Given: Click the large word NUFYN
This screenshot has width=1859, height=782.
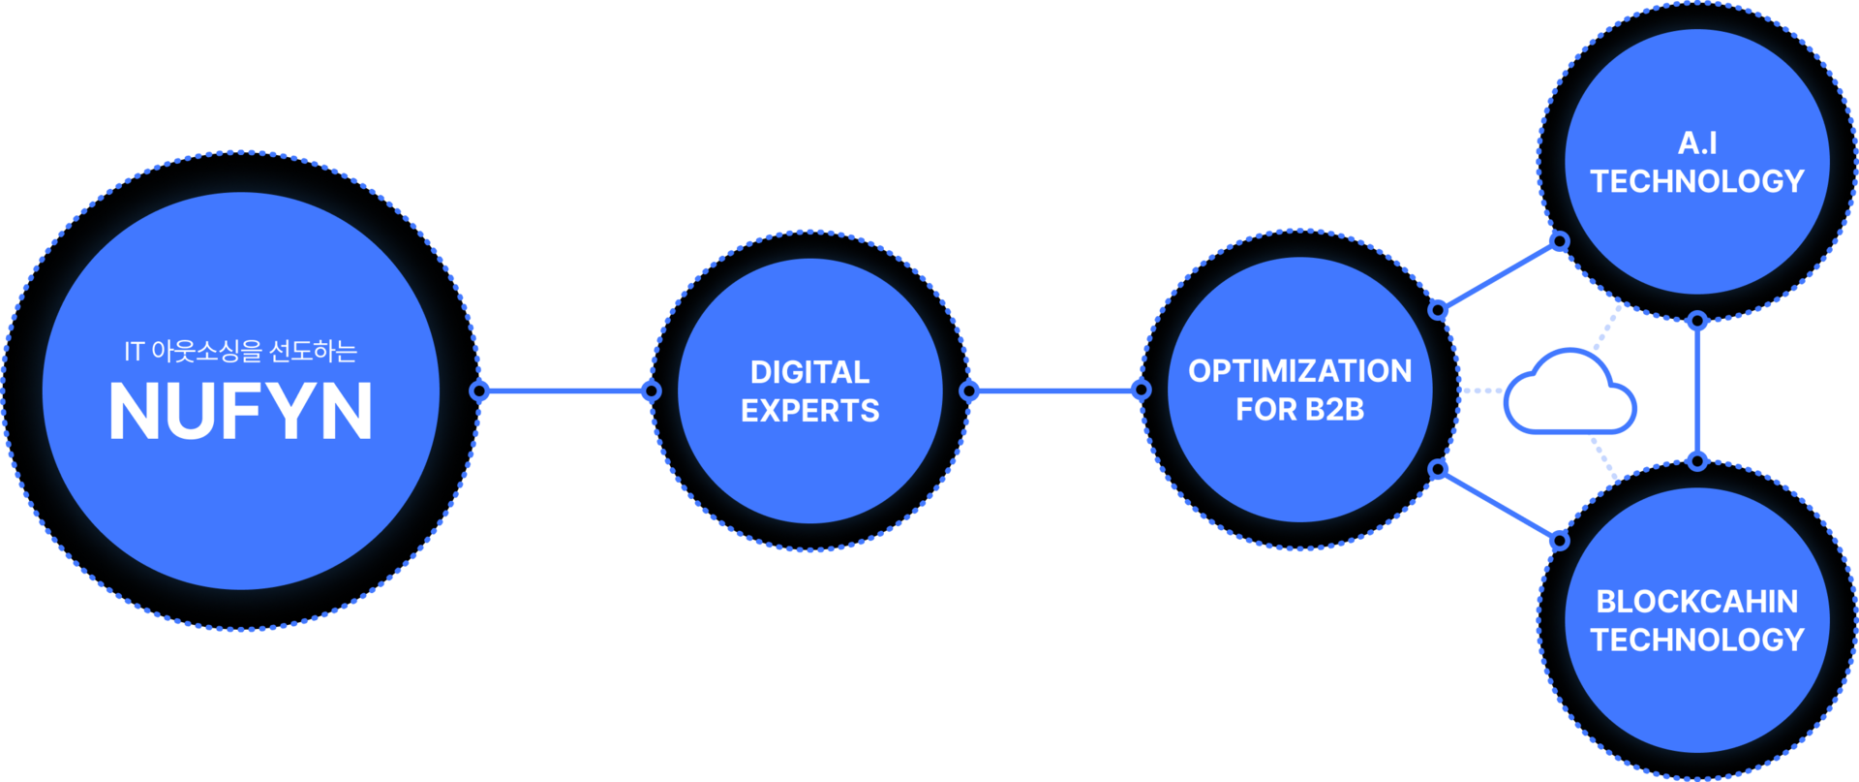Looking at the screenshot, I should [x=240, y=411].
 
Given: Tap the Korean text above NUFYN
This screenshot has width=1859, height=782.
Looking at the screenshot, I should [x=240, y=351].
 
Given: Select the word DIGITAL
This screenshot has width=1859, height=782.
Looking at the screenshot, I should [x=809, y=372].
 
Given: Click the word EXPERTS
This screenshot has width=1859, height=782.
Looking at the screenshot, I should [x=809, y=411].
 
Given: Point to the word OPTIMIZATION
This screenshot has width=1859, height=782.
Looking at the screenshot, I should [x=1299, y=371].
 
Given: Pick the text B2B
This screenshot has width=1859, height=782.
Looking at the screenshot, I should [x=1333, y=410].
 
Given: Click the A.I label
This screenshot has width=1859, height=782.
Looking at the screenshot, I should [x=1697, y=143].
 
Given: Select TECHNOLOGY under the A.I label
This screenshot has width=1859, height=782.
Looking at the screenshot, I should [x=1697, y=181].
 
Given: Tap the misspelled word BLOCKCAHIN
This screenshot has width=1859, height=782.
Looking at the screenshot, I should [x=1697, y=602].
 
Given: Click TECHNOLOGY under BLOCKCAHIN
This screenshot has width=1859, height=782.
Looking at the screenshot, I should [x=1697, y=640].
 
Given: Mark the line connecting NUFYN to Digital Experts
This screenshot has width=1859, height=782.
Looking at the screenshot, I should [x=565, y=391].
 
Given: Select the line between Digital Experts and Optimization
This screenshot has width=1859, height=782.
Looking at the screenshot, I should [x=1055, y=391].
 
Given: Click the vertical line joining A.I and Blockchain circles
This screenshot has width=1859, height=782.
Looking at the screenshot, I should [x=1697, y=391].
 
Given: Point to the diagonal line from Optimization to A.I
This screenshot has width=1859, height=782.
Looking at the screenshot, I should [x=1499, y=276].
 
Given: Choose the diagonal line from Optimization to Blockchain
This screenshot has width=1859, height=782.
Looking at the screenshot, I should [x=1499, y=505].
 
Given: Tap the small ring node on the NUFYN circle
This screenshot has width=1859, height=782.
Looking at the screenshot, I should [x=479, y=391].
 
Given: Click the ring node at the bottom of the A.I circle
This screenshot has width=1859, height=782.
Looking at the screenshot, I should [x=1697, y=321].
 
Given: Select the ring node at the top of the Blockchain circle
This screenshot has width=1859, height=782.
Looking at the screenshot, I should [x=1697, y=460].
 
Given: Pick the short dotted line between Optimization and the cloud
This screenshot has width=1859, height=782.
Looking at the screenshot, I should [x=1479, y=391].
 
